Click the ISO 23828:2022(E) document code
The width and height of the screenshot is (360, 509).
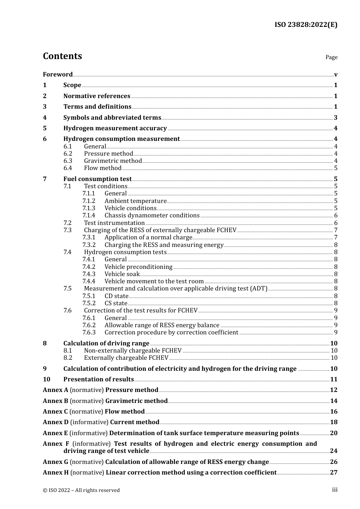point(305,25)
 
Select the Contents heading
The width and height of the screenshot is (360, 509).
point(62,56)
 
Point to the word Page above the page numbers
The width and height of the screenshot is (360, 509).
point(331,57)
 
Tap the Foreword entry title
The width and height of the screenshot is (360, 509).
point(58,74)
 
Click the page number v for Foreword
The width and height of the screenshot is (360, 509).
point(336,74)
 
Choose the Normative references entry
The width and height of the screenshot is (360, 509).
point(97,96)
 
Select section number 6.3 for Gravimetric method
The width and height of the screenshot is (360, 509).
point(68,161)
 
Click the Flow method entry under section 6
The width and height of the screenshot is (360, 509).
point(103,168)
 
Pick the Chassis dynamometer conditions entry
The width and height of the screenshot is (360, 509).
point(152,215)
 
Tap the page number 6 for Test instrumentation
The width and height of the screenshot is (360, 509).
point(336,223)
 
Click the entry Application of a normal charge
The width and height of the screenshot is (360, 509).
point(148,237)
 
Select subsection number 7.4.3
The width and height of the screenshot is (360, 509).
point(89,274)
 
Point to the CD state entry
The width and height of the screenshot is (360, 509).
point(116,296)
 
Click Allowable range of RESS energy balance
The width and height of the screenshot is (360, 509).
point(162,325)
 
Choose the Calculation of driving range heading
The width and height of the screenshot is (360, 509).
point(106,343)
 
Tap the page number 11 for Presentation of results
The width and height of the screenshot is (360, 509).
point(334,379)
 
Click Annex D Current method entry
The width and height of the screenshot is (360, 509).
point(101,422)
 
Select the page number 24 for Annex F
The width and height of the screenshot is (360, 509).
point(333,451)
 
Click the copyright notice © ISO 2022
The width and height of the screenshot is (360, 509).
point(81,490)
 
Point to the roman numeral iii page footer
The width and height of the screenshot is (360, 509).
point(335,490)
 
